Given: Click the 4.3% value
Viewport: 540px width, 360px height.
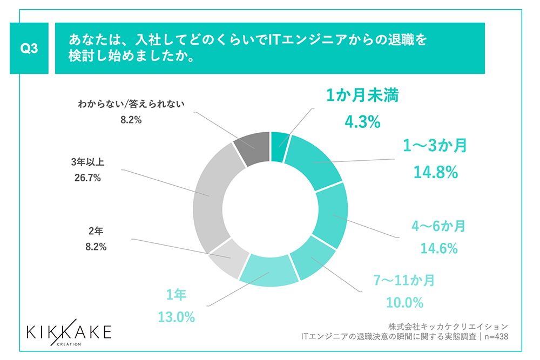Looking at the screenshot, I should [362, 122].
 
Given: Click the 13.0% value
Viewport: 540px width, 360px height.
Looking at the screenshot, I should [177, 317].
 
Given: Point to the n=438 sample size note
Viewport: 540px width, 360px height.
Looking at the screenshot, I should [495, 336].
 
